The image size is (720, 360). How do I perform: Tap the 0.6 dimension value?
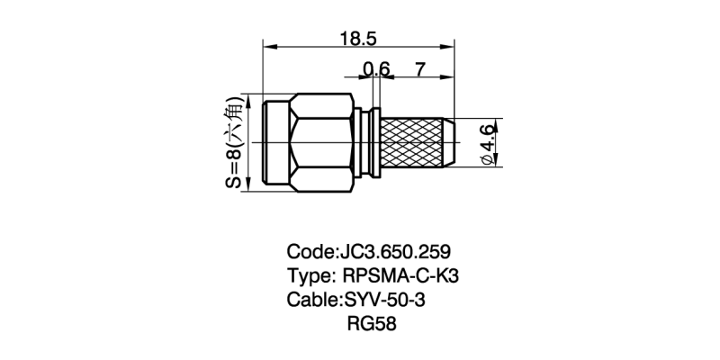pyautogui.click(x=377, y=68)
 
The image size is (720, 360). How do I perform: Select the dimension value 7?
pyautogui.click(x=420, y=68)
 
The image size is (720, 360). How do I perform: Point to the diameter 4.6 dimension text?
pyautogui.click(x=487, y=142)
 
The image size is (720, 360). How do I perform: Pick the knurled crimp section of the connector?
pyautogui.click(x=418, y=142)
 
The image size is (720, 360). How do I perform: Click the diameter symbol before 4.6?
pyautogui.click(x=487, y=159)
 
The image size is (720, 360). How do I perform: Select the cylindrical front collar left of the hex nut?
pyautogui.click(x=275, y=142)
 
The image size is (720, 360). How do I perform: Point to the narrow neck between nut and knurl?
pyautogui.click(x=367, y=142)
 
